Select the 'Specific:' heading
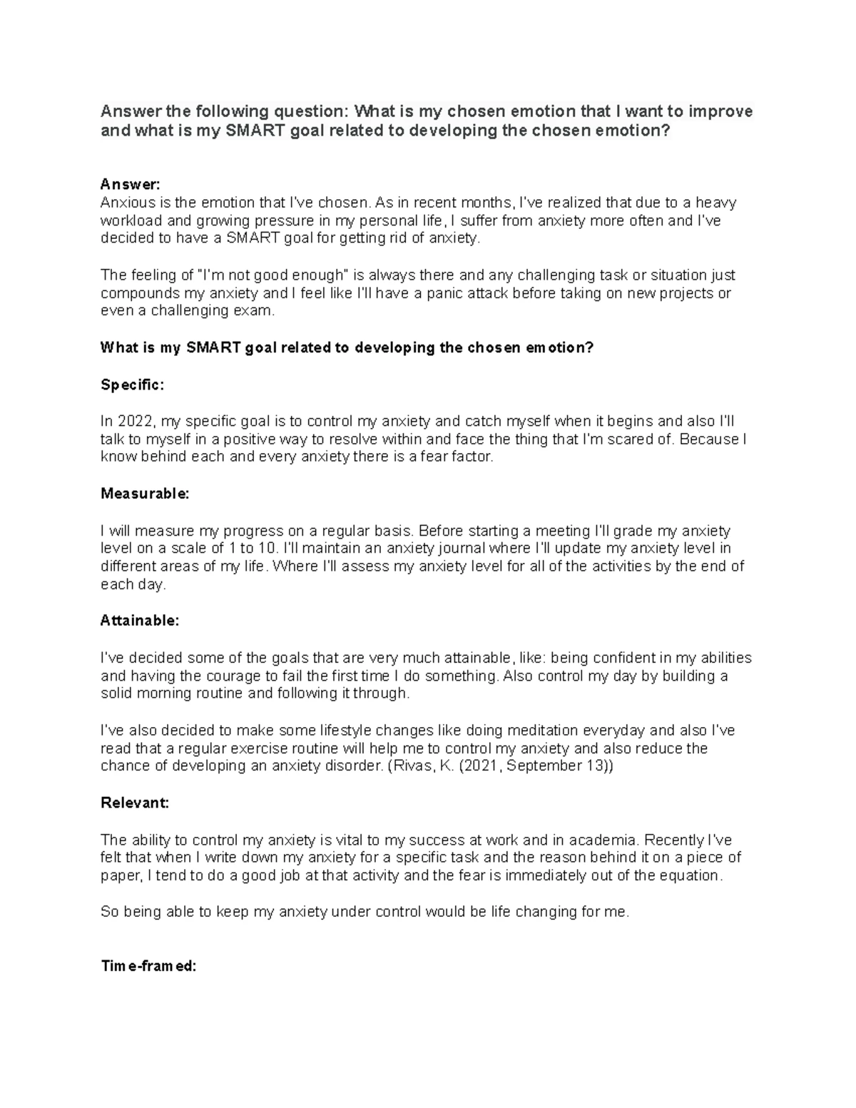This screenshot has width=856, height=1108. click(132, 385)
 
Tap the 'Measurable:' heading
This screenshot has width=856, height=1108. click(145, 494)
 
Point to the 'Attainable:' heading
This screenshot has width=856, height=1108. click(140, 621)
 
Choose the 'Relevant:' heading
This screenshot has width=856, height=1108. click(135, 803)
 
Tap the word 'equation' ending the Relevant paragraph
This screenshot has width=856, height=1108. click(689, 875)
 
